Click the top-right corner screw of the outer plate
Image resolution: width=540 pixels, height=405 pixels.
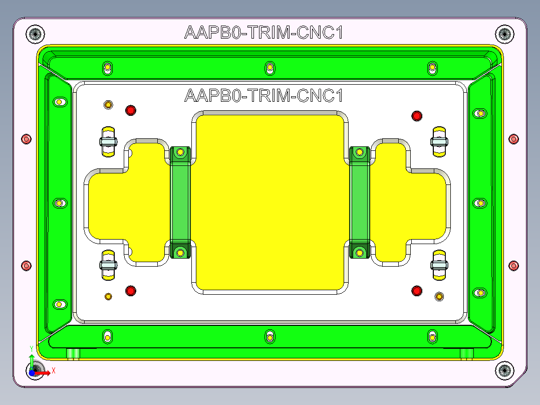click(x=504, y=34)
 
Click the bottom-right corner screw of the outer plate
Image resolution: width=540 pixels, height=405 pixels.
click(x=504, y=370)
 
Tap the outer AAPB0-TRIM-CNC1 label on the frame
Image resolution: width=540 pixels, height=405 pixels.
click(x=263, y=33)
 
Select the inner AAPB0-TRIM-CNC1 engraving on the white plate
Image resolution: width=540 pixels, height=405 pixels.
click(x=263, y=95)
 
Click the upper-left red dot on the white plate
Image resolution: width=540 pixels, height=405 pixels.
click(x=131, y=110)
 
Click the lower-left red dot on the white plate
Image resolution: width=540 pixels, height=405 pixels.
click(x=131, y=290)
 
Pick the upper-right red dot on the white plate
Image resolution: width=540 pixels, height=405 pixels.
click(x=416, y=116)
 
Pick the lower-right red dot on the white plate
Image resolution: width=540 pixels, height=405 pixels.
click(x=416, y=290)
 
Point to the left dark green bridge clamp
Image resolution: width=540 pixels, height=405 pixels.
click(x=180, y=202)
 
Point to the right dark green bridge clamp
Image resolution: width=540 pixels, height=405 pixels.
click(x=359, y=202)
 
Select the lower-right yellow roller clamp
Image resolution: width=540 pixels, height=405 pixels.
click(x=439, y=265)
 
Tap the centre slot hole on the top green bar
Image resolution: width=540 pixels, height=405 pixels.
click(x=270, y=67)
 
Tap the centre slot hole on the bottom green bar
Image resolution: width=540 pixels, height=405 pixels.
click(x=270, y=336)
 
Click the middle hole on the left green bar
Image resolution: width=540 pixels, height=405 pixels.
click(x=60, y=203)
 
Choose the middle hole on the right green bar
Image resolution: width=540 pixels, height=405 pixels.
click(x=480, y=203)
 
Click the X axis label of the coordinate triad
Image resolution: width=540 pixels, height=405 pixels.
click(x=53, y=371)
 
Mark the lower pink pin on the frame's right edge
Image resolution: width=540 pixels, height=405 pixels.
click(x=513, y=265)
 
